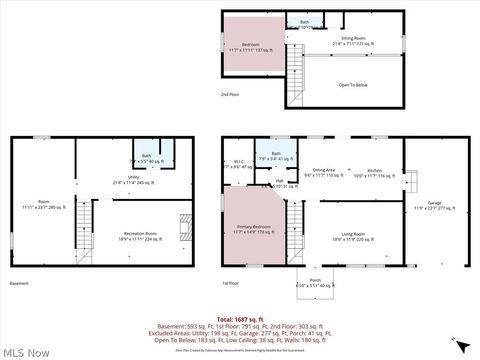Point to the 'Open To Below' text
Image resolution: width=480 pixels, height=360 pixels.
[353, 85]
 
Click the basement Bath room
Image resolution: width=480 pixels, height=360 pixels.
[149, 158]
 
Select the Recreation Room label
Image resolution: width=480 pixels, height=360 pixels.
[139, 238]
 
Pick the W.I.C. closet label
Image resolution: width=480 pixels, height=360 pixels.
[239, 164]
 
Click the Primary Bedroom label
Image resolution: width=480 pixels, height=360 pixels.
[254, 231]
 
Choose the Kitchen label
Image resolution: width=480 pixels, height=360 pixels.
[374, 173]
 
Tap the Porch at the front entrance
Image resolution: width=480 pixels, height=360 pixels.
[315, 282]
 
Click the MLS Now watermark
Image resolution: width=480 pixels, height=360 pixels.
[26, 352]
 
